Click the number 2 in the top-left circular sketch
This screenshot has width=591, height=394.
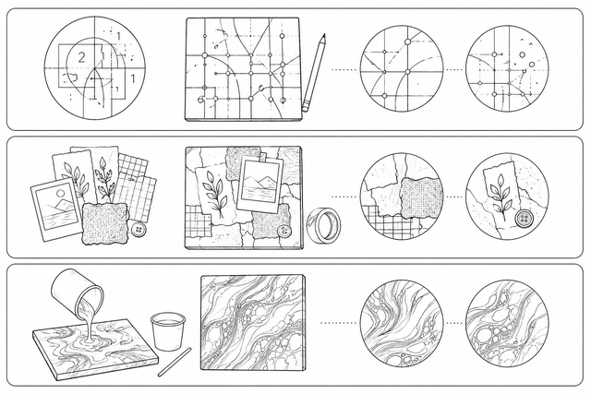[81, 57]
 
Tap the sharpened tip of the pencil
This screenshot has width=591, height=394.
[324, 34]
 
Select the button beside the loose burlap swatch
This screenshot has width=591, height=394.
[138, 230]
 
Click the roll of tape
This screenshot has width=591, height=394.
[324, 225]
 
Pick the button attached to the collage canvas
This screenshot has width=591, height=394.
[283, 231]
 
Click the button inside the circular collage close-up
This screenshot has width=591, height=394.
[522, 220]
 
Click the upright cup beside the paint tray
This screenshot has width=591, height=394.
[168, 331]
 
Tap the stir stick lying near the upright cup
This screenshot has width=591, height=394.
[175, 363]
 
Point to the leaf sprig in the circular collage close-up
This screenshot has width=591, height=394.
[500, 195]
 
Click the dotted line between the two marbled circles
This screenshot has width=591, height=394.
[453, 323]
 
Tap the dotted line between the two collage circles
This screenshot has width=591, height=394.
[453, 197]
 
